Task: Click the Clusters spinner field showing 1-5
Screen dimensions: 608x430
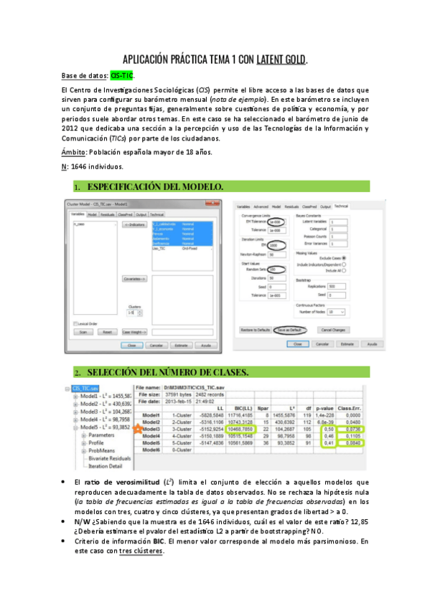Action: click(131, 313)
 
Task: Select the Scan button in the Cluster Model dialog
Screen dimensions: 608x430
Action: click(83, 332)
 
